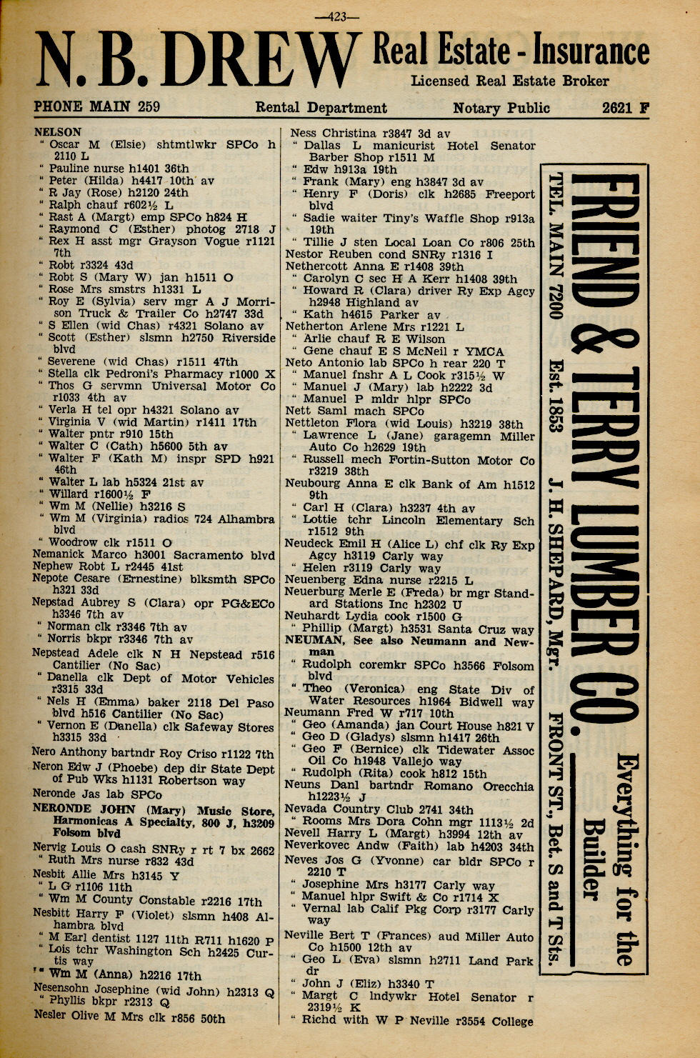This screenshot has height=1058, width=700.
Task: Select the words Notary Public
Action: pyautogui.click(x=501, y=109)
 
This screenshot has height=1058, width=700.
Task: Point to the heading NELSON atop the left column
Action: pyautogui.click(x=57, y=132)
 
